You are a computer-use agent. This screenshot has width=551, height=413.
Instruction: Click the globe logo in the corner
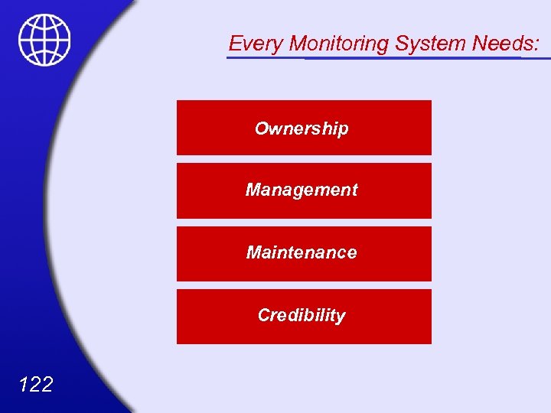point(44,40)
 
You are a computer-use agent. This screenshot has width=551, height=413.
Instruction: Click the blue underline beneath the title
point(383,57)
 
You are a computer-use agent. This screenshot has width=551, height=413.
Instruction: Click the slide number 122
point(34,384)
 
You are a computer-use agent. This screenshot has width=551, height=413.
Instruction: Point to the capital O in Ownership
point(262,128)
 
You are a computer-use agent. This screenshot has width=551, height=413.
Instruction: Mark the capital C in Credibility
point(264,315)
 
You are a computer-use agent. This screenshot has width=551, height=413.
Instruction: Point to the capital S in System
point(402,44)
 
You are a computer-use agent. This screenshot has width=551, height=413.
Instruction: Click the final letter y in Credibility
point(341,317)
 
